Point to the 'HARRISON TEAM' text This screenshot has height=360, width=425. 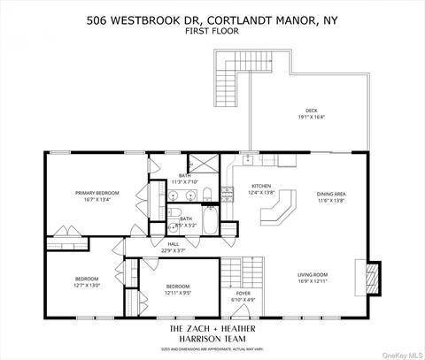coord(212,340)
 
